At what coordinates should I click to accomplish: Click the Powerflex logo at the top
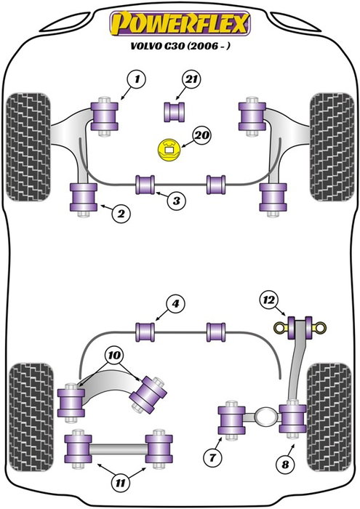click(x=180, y=23)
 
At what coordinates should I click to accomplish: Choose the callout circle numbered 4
click(x=175, y=305)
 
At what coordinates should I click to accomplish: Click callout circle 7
click(x=212, y=457)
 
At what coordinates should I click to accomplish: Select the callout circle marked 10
click(x=113, y=356)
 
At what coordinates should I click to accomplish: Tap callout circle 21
click(x=191, y=78)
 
